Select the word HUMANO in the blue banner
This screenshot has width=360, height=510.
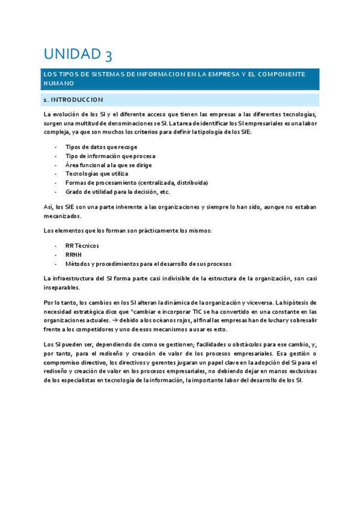[58, 84]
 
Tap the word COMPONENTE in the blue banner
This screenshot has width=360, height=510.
[281, 74]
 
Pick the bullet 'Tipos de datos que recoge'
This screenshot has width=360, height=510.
[101, 147]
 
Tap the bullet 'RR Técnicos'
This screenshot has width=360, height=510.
[82, 245]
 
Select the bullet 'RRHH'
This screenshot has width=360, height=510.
[73, 254]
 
